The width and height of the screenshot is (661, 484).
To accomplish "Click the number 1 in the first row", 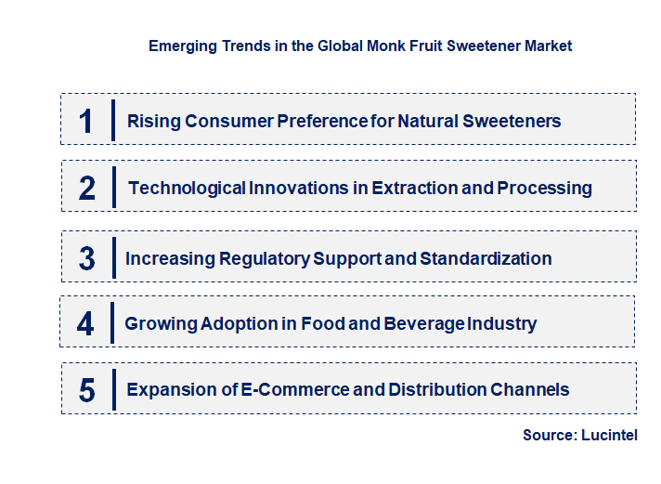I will pos(86,121).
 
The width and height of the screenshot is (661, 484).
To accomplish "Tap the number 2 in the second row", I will pos(87,188).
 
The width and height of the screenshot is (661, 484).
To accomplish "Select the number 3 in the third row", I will pos(87,258).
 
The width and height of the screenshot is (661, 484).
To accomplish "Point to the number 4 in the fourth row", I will pos(86,323).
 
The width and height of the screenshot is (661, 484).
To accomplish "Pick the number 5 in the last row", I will pos(87,390).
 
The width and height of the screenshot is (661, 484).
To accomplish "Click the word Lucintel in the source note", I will pos(608,435).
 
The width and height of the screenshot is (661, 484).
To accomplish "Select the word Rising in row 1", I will pos(150,121).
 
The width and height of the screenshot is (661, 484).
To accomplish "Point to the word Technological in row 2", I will pos(187,188).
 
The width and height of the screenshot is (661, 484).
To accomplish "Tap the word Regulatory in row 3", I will pos(264,258).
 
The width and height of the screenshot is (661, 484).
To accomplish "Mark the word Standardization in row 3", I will pos(486,258).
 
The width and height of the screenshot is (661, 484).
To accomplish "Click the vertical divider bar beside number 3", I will pos(112,257).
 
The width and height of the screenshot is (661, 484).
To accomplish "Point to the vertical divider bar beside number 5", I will pos(112,389).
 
